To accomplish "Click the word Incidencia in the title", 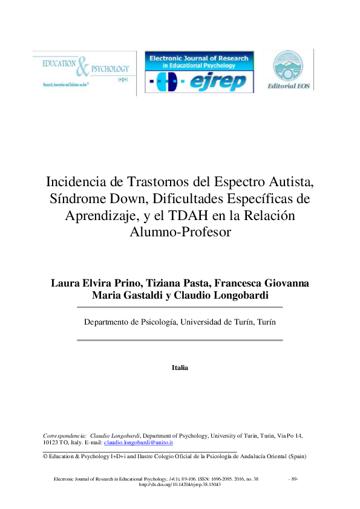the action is point(77,181).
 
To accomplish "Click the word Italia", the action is point(180,367).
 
